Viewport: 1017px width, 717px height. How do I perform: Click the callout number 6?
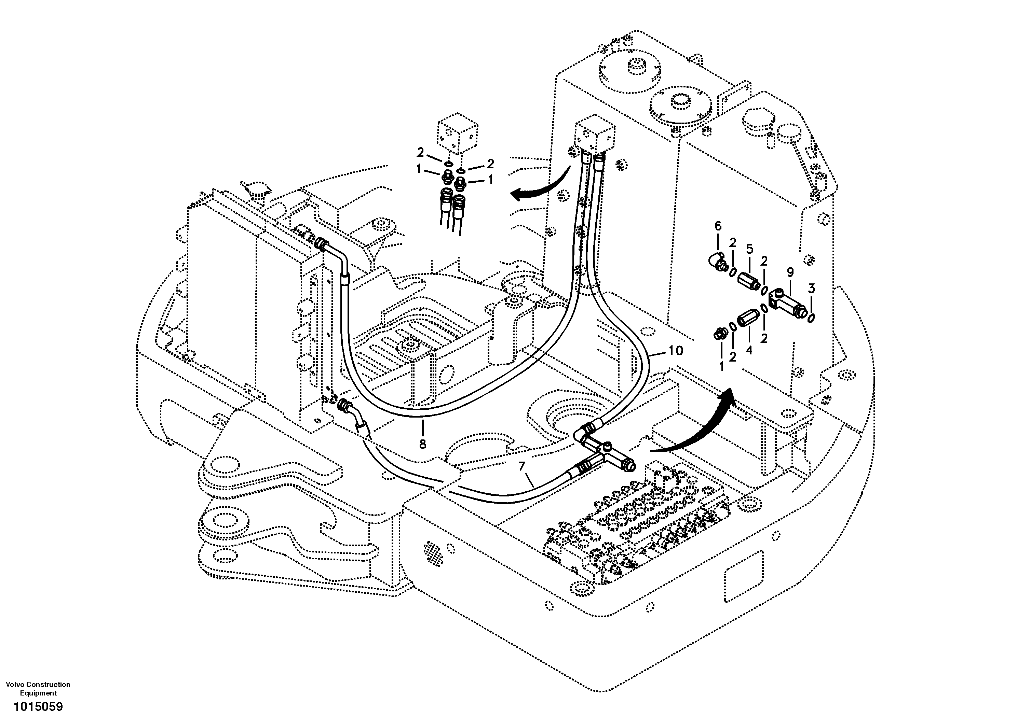click(718, 226)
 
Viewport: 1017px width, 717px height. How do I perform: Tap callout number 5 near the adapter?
click(749, 249)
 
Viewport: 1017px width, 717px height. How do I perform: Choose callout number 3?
click(811, 289)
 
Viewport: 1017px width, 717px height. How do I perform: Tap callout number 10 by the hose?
click(676, 351)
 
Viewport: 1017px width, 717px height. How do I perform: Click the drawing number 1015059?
click(39, 706)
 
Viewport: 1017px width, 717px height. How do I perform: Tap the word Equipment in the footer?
click(39, 693)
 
